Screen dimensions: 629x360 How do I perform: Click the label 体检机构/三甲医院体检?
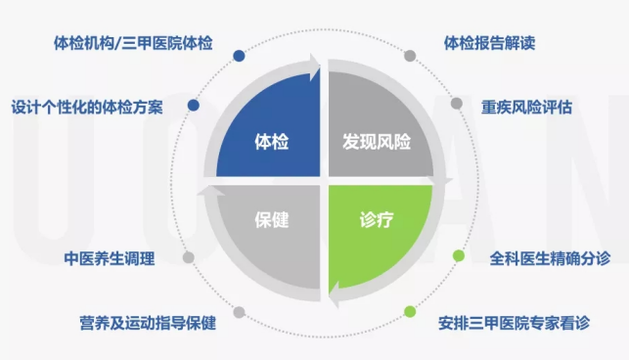(133, 43)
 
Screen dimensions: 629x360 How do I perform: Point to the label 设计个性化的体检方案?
(87, 108)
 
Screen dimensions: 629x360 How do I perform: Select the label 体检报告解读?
(489, 43)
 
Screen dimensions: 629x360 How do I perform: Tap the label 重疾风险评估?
(526, 108)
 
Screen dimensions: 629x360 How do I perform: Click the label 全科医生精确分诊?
(550, 258)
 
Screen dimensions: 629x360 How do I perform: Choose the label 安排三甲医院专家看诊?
(514, 323)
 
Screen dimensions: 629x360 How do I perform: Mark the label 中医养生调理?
(110, 258)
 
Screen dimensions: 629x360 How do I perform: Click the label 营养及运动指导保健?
(148, 323)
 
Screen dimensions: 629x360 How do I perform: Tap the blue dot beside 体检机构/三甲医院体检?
(239, 56)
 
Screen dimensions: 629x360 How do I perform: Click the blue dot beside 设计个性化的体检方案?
(194, 106)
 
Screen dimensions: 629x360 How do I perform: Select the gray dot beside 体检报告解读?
(410, 56)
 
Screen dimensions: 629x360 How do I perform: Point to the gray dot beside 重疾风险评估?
(457, 104)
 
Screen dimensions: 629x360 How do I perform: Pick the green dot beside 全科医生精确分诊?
(459, 255)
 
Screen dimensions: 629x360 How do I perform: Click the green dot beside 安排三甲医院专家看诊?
(410, 311)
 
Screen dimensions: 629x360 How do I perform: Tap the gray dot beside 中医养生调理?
(188, 257)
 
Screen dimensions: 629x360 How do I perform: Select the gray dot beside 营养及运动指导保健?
(239, 312)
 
